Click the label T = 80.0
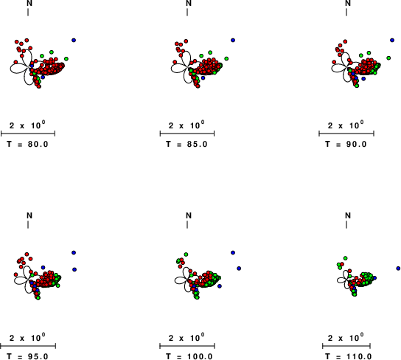[27, 145]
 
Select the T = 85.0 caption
[186, 145]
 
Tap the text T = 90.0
[346, 145]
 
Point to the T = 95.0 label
[27, 356]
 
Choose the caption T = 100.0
[189, 356]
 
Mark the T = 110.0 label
[349, 356]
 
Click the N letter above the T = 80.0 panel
[29, 3]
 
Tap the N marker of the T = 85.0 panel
[189, 3]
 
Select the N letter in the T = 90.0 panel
[348, 3]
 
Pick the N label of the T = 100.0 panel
[189, 215]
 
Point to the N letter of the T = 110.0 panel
[348, 215]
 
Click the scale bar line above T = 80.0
[28, 134]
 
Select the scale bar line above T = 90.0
[346, 134]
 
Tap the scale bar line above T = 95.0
[28, 346]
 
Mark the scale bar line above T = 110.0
[346, 346]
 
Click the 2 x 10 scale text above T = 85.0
[186, 125]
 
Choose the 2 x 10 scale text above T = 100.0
[186, 337]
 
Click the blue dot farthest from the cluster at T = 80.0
[74, 40]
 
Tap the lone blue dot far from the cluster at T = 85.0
[233, 40]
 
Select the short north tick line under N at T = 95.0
[28, 224]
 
